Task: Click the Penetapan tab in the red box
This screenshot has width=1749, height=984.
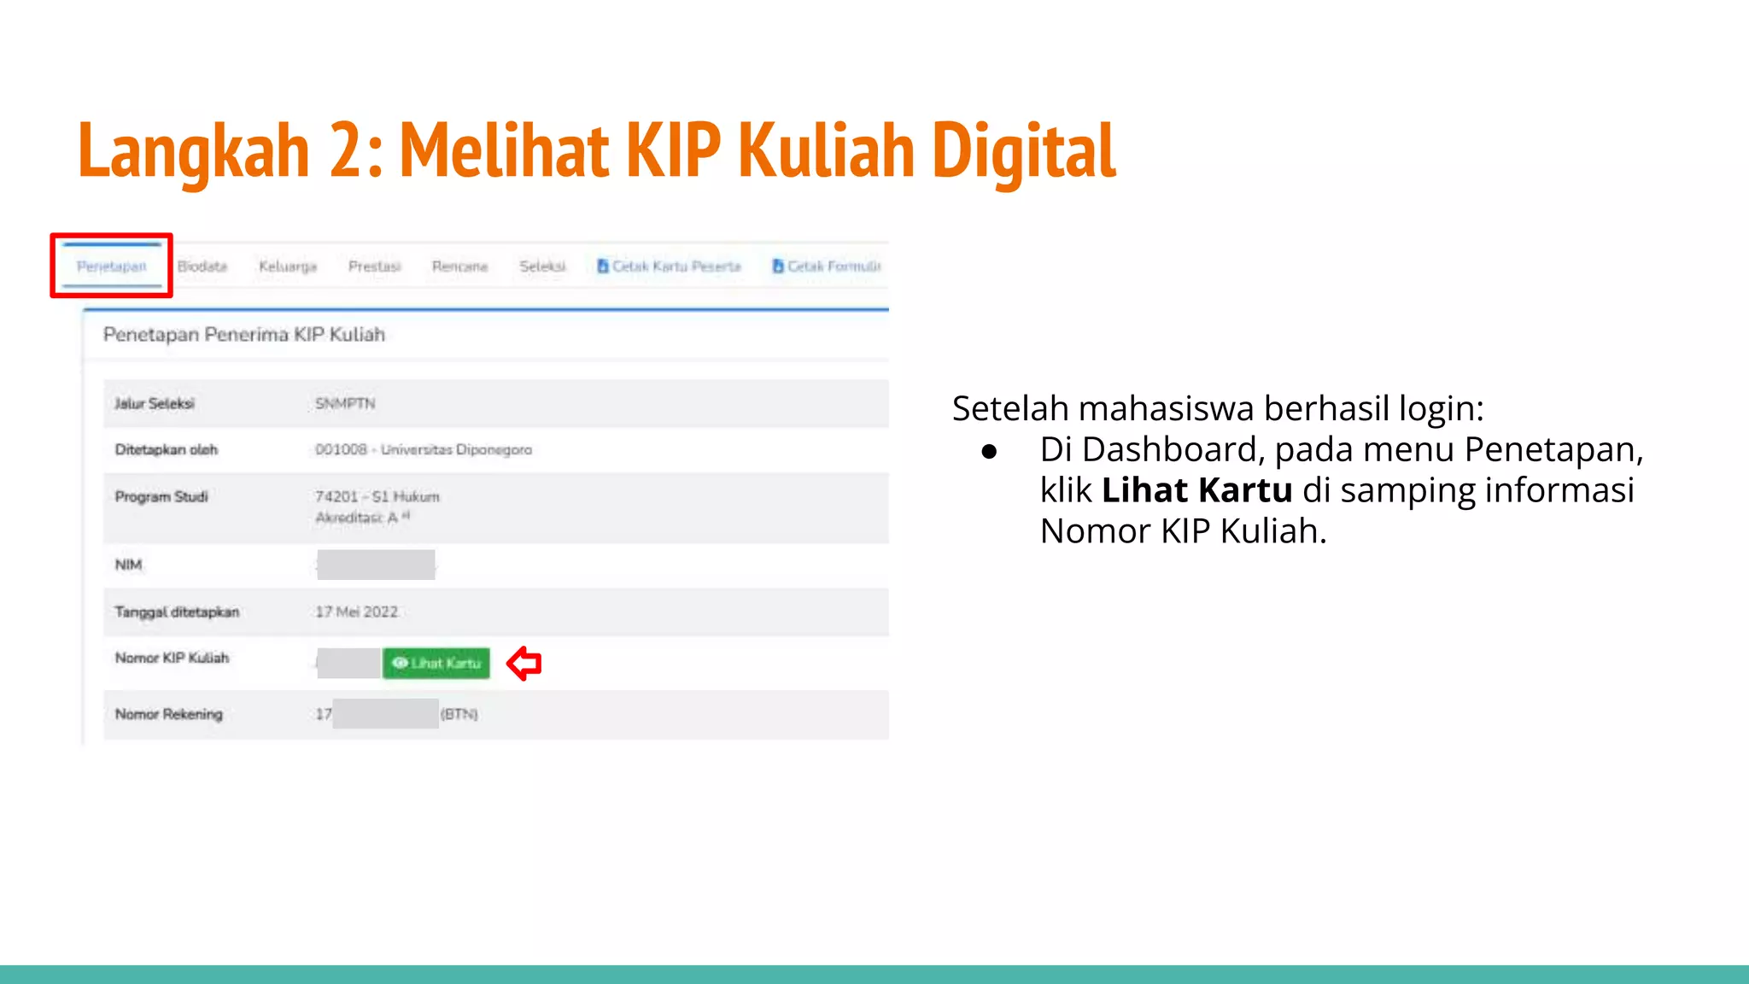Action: pos(112,266)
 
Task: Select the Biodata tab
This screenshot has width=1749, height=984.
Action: pos(202,266)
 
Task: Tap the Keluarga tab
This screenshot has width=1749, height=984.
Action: pos(288,266)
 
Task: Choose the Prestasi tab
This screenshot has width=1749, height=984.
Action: pos(374,266)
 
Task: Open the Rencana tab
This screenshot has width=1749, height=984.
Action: pos(459,266)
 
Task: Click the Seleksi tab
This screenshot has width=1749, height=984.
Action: pos(542,266)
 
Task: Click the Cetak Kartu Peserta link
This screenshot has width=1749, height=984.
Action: pos(670,266)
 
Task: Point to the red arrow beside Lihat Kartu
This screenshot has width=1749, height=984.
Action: pos(524,663)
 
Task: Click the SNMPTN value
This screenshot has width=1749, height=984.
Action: pos(345,403)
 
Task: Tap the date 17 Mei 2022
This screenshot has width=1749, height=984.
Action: pos(356,612)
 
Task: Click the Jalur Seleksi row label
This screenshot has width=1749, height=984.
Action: pos(155,403)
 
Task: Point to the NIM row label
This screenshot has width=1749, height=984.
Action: pos(128,565)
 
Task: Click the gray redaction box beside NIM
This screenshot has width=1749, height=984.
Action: pos(376,565)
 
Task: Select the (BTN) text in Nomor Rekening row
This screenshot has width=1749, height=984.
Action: pos(459,714)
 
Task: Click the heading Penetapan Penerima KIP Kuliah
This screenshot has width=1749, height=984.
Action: pos(244,334)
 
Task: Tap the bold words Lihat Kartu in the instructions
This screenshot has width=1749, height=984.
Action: pos(1196,490)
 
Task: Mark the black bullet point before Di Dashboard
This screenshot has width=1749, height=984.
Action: pos(989,451)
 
